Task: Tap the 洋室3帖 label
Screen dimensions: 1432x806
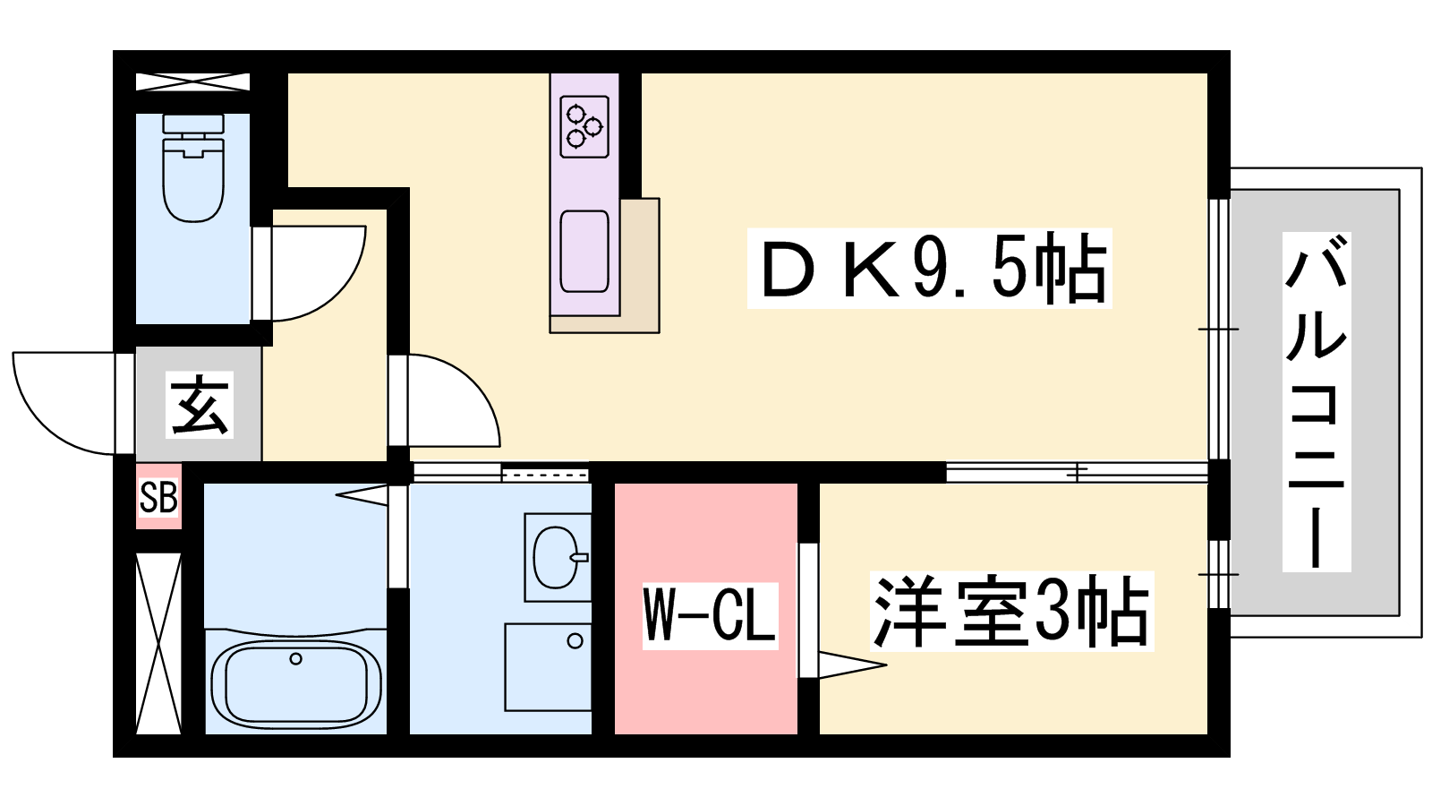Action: tap(1012, 612)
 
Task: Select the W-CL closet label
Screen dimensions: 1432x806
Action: tap(710, 616)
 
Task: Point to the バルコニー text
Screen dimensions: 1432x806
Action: tap(1317, 402)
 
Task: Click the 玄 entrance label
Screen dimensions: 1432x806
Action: tap(200, 404)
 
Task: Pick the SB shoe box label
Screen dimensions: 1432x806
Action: tap(158, 497)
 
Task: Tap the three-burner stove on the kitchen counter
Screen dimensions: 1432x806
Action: tap(584, 126)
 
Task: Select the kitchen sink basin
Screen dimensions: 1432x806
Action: tap(584, 252)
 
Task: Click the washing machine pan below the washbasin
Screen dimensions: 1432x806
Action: tap(547, 667)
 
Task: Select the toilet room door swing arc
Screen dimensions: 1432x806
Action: tap(319, 273)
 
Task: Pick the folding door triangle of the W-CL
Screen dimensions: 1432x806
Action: tap(851, 665)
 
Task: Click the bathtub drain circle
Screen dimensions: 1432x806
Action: tap(295, 658)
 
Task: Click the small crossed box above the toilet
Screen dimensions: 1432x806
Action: tap(192, 81)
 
